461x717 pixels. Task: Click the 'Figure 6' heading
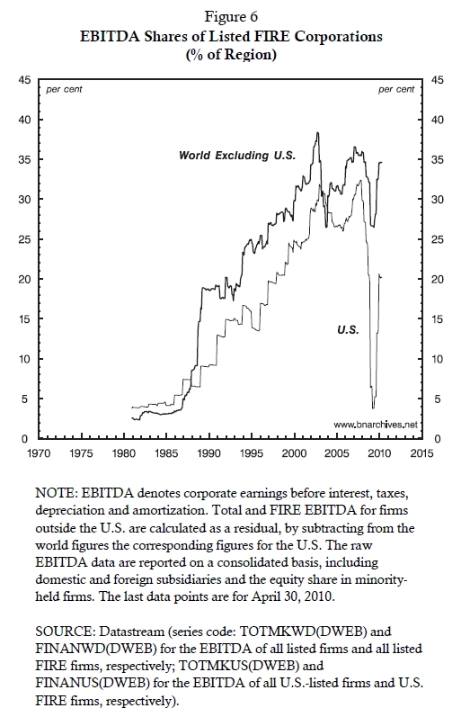coord(231,17)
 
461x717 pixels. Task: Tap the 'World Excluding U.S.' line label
coord(237,156)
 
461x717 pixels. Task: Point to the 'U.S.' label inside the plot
coord(348,329)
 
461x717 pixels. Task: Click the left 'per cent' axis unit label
coord(64,90)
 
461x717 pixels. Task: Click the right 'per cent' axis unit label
coord(396,90)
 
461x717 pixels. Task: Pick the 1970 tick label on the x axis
coord(39,453)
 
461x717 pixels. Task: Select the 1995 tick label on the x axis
coord(252,453)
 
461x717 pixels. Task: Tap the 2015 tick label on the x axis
coord(421,453)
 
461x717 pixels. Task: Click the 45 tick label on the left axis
coord(24,80)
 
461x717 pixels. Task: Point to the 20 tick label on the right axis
coord(438,279)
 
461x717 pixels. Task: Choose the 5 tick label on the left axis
coord(27,399)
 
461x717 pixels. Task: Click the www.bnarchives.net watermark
coord(376,425)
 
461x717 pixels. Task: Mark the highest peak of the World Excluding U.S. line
coord(317,132)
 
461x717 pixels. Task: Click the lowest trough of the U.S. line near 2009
coord(373,408)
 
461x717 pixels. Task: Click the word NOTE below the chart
coord(53,494)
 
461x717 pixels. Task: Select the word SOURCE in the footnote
coord(65,632)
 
